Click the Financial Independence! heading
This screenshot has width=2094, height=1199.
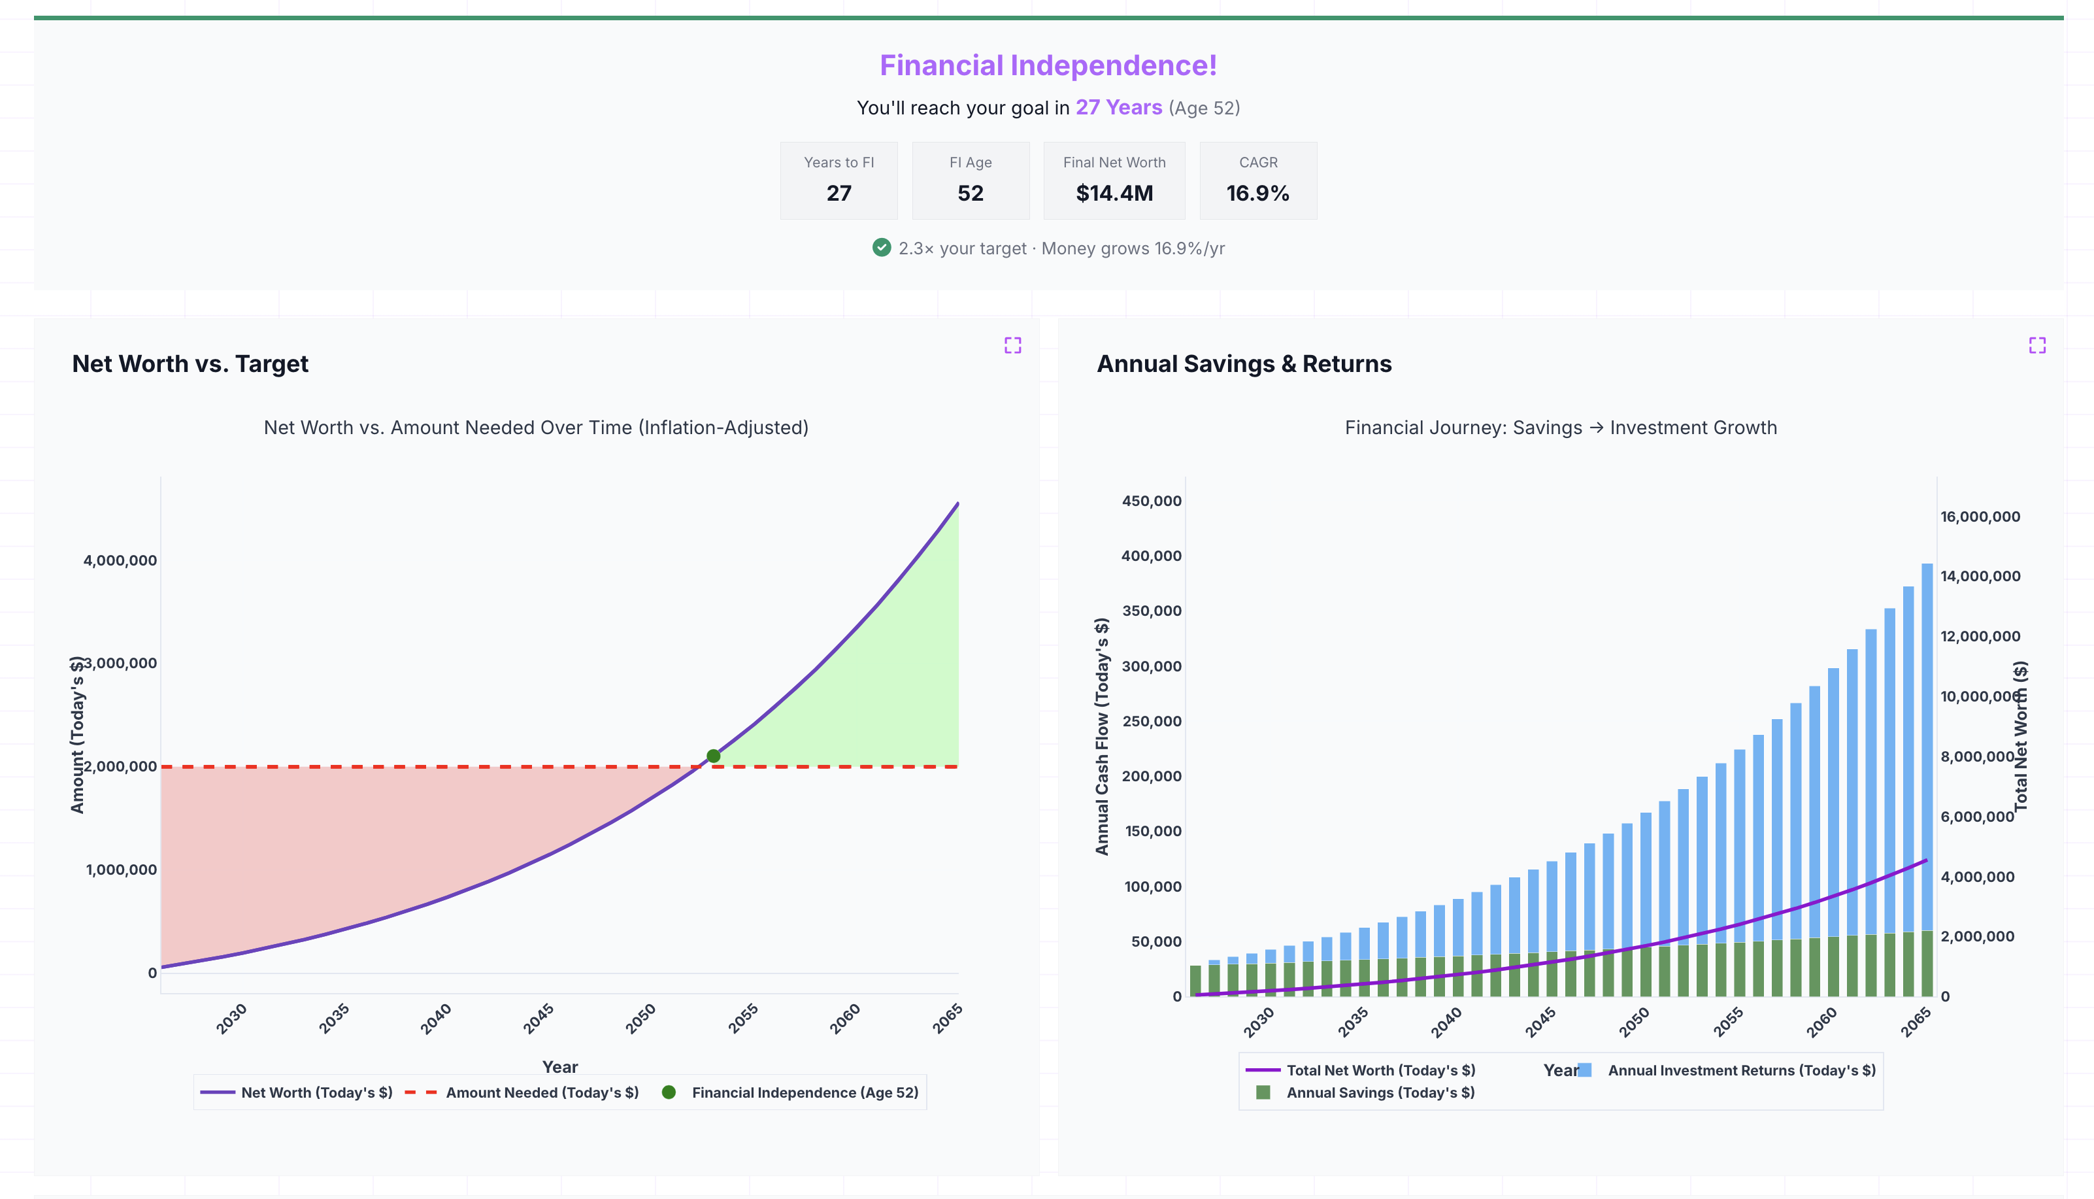pyautogui.click(x=1047, y=65)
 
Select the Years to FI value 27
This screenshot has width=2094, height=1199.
pyautogui.click(x=838, y=193)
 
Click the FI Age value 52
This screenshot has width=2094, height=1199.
pyautogui.click(x=970, y=193)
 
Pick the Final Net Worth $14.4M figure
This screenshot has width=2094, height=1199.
pyautogui.click(x=1114, y=193)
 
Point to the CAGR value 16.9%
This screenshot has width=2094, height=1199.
pyautogui.click(x=1257, y=193)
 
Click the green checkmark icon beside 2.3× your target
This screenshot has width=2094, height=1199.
pyautogui.click(x=881, y=248)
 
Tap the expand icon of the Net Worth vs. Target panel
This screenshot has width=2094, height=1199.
pyautogui.click(x=1012, y=345)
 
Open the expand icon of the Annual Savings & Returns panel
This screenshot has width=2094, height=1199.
pyautogui.click(x=2036, y=345)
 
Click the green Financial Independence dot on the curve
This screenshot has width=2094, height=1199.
pyautogui.click(x=713, y=756)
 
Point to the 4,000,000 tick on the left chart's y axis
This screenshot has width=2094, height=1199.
pyautogui.click(x=120, y=560)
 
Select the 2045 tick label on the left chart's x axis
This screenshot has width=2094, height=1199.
pyautogui.click(x=539, y=1019)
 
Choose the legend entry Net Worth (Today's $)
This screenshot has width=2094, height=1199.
pyautogui.click(x=316, y=1093)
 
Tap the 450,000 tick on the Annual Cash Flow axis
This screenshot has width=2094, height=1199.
pyautogui.click(x=1151, y=501)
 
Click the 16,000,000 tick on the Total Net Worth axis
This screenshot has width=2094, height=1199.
pyautogui.click(x=1980, y=516)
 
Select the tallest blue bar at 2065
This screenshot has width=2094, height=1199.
pyautogui.click(x=1926, y=741)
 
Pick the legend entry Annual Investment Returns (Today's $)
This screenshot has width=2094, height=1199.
pyautogui.click(x=1741, y=1071)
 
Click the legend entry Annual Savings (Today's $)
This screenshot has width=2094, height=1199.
pyautogui.click(x=1380, y=1093)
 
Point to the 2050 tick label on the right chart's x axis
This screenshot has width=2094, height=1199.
pyautogui.click(x=1634, y=1021)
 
